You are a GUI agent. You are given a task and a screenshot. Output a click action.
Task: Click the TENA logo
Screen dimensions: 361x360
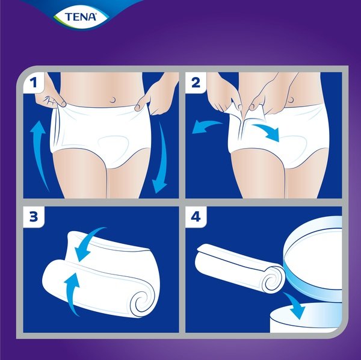tap(81, 17)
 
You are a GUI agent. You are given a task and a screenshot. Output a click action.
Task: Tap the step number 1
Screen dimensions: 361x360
tap(34, 82)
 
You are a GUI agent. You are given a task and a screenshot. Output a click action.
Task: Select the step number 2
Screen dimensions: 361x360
tap(196, 82)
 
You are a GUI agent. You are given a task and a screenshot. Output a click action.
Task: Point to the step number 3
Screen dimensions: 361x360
tap(34, 217)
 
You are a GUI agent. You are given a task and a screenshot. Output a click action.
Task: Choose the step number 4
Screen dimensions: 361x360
tap(196, 217)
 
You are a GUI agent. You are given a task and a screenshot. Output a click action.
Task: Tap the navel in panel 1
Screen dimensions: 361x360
tap(113, 100)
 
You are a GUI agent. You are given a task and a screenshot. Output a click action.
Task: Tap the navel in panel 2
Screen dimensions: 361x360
tap(291, 99)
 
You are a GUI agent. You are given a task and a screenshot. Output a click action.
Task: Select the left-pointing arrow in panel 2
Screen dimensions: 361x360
tap(205, 126)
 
